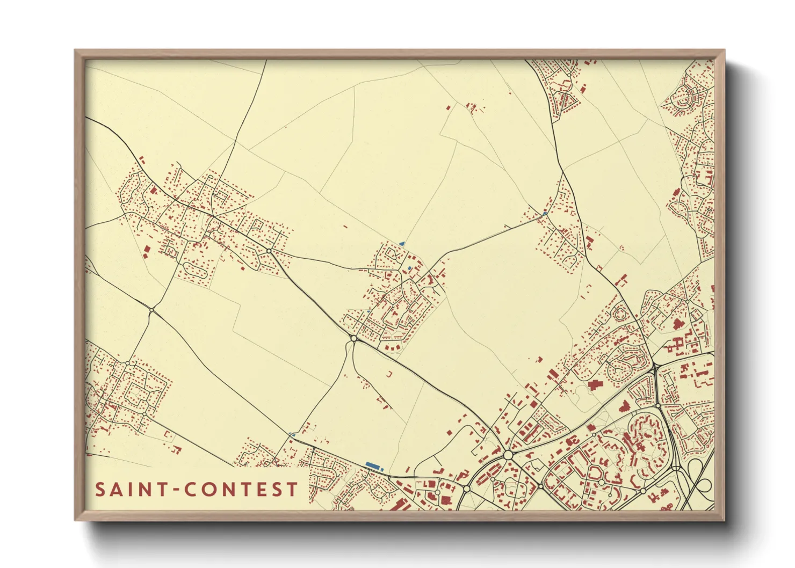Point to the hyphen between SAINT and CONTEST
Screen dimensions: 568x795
point(175,490)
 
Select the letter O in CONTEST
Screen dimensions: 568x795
point(208,490)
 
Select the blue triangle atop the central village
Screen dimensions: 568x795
point(401,244)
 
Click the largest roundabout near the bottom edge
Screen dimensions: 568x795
point(508,455)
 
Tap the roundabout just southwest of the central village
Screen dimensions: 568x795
point(353,338)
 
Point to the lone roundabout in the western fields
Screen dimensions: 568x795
point(152,310)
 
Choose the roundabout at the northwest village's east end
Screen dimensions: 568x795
point(269,251)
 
